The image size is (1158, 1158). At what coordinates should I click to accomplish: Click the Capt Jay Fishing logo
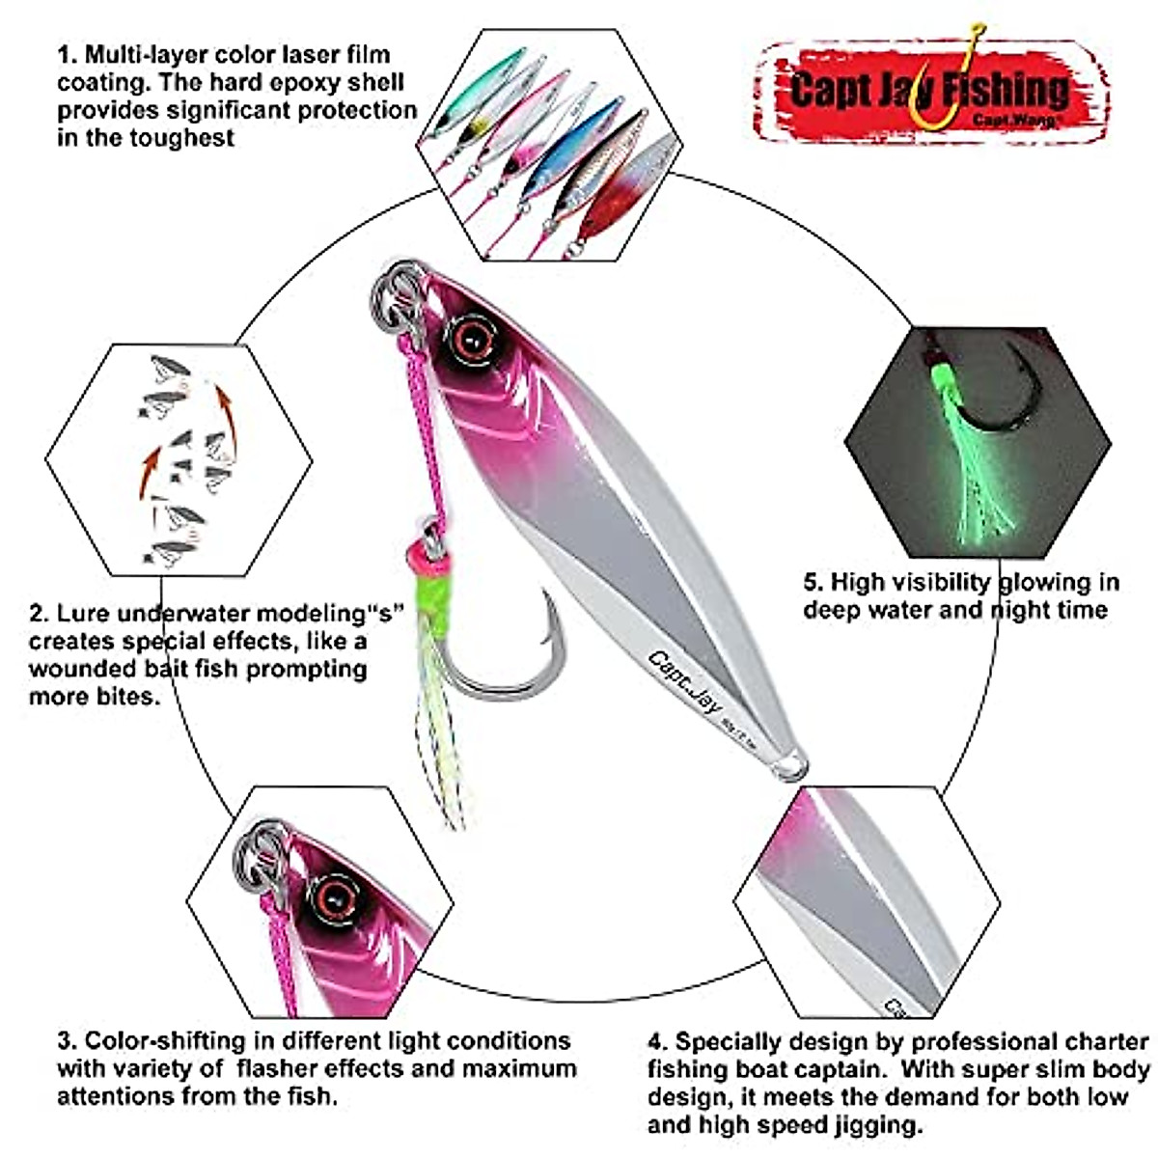(x=929, y=89)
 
